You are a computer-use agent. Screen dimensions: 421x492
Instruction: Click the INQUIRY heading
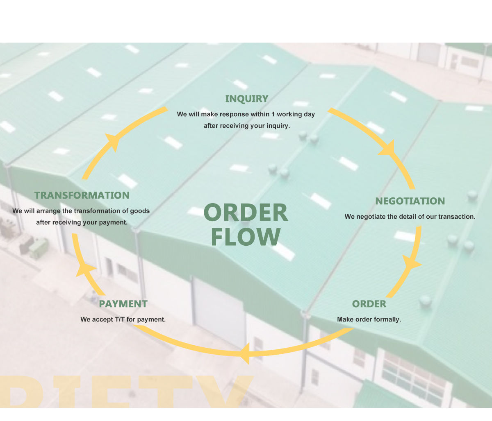(x=246, y=99)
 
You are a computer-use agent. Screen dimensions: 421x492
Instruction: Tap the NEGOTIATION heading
(x=410, y=201)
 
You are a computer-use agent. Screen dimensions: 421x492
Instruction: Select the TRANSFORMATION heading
(x=82, y=195)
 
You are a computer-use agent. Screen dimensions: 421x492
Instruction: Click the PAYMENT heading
(x=123, y=304)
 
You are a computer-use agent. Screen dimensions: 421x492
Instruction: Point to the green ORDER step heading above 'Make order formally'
(x=369, y=304)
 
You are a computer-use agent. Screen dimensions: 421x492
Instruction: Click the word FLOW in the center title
(x=246, y=237)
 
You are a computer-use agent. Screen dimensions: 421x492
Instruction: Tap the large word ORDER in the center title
(x=246, y=213)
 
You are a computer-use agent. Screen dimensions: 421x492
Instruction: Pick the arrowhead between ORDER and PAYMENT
(x=245, y=353)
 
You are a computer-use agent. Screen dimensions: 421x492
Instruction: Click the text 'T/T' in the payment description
(x=120, y=319)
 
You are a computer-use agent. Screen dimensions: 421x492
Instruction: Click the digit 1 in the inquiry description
(x=273, y=114)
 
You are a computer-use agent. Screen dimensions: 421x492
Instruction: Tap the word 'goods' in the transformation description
(x=140, y=211)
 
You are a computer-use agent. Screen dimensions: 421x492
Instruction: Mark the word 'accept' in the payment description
(x=102, y=319)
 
